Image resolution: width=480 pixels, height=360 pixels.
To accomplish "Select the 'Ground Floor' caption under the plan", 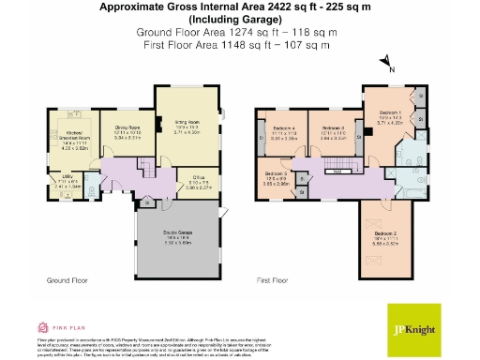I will (66, 280).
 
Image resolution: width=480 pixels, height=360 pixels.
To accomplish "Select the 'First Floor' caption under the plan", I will (274, 280).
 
